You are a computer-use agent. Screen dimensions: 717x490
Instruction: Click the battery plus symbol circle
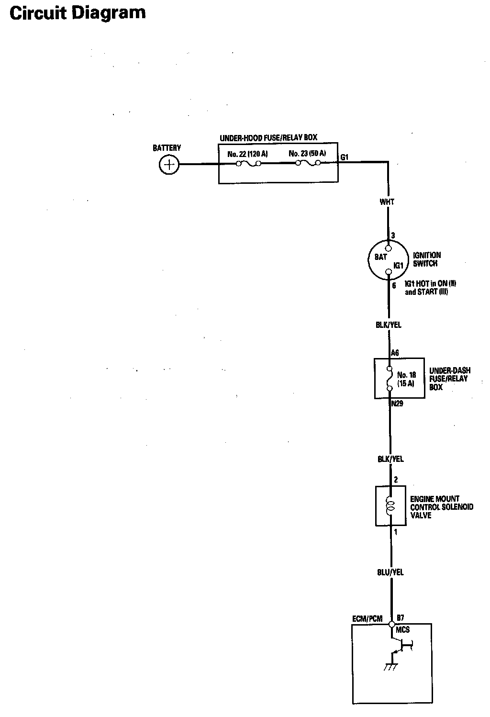[x=168, y=166]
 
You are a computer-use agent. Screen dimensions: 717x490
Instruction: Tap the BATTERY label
[x=167, y=148]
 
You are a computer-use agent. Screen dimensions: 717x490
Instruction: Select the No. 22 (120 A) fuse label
[x=247, y=154]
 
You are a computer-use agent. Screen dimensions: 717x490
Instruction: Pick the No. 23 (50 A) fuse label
[x=307, y=154]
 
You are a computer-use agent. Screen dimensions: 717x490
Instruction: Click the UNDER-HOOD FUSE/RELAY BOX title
[x=268, y=138]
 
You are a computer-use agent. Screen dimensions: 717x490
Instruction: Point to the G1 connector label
[x=345, y=157]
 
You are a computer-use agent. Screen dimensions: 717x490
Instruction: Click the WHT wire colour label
[x=387, y=202]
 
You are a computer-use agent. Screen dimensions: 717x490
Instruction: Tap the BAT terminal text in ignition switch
[x=380, y=257]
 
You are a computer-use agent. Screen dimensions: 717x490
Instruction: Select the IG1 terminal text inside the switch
[x=399, y=265]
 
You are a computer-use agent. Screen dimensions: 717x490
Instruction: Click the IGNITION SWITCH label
[x=426, y=259]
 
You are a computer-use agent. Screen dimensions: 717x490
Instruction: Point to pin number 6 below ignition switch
[x=394, y=286]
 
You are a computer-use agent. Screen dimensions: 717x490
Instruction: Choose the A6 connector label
[x=395, y=353]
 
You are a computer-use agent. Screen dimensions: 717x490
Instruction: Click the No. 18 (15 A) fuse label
[x=406, y=379]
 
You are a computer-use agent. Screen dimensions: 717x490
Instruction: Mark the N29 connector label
[x=397, y=403]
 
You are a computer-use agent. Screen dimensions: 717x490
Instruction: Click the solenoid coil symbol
[x=390, y=505]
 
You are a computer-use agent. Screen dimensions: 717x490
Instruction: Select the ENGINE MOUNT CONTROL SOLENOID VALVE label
[x=441, y=507]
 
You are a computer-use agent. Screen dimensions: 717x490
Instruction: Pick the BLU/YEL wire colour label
[x=390, y=572]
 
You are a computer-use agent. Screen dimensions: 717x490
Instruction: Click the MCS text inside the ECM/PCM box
[x=402, y=630]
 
